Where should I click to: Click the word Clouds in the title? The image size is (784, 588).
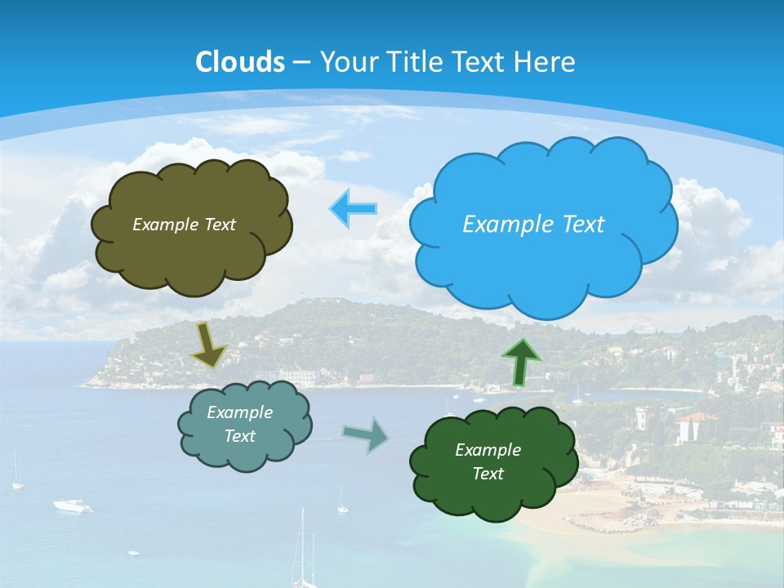tap(240, 62)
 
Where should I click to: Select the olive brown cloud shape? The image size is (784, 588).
tap(191, 253)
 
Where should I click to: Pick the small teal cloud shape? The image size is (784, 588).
tap(245, 453)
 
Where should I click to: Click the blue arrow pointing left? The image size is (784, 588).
tap(353, 209)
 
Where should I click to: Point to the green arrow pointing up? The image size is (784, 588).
tap(520, 362)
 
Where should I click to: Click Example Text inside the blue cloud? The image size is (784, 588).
tap(533, 225)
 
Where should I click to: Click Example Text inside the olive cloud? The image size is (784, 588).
tap(184, 225)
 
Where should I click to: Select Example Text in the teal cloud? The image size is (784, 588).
tap(240, 424)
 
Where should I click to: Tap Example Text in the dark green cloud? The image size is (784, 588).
tap(488, 461)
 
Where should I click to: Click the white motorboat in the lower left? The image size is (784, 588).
tap(73, 506)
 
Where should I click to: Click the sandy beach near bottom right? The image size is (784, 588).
tap(604, 514)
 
